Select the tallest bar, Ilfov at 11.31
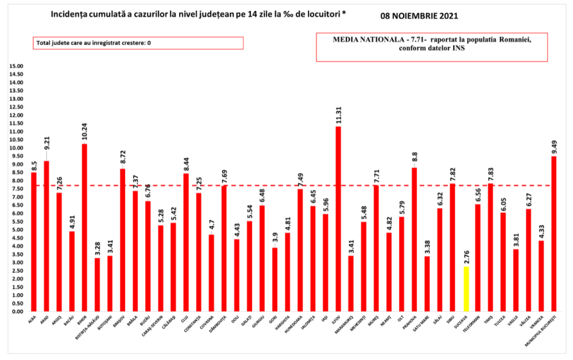(338, 219)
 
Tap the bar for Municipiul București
(553, 234)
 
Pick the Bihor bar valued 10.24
(84, 227)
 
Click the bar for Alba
(33, 242)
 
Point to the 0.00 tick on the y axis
(18, 311)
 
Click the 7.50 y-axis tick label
(18, 189)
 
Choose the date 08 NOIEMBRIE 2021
(425, 14)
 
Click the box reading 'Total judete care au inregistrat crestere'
(138, 43)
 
